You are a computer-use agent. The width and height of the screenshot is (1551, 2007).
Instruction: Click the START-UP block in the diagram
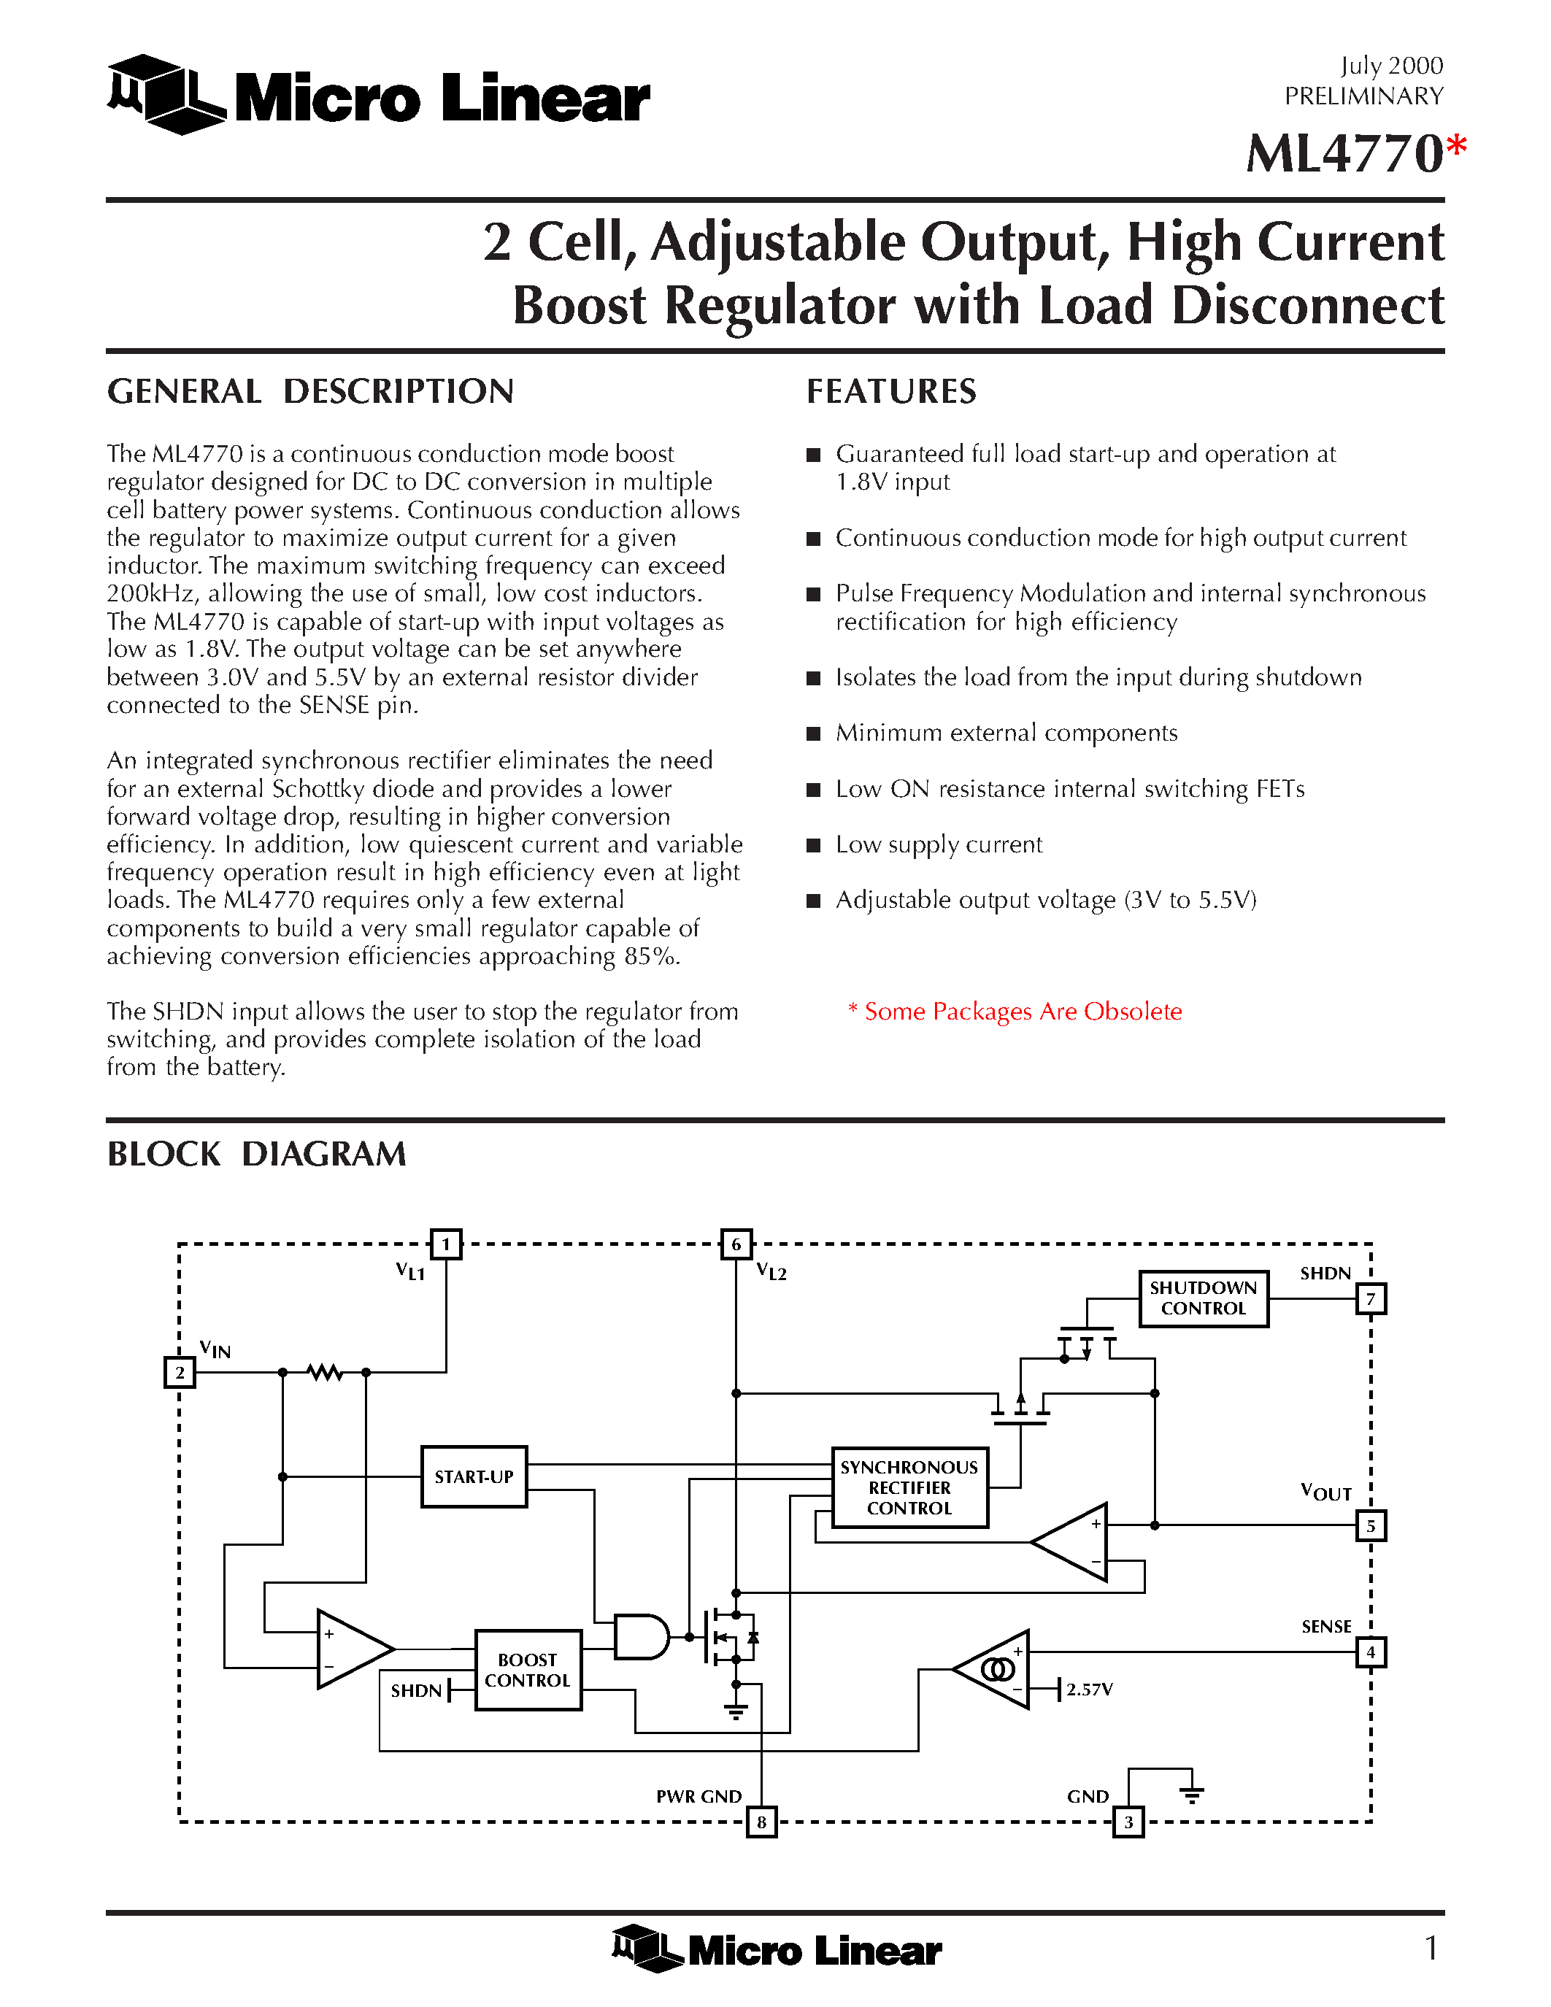tap(474, 1476)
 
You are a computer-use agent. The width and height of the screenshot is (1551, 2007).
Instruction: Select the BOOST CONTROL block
tap(528, 1670)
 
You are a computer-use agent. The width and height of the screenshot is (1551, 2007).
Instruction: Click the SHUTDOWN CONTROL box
tap(1203, 1298)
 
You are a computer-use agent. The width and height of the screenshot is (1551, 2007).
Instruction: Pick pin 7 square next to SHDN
tap(1370, 1298)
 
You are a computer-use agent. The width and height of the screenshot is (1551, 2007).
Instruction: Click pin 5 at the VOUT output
tap(1370, 1526)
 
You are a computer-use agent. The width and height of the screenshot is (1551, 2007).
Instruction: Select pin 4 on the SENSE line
tap(1370, 1652)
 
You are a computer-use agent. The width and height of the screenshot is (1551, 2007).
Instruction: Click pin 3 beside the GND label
tap(1128, 1822)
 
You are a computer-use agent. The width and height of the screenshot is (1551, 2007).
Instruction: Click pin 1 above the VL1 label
tap(446, 1244)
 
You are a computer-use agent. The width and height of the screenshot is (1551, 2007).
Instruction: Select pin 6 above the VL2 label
tap(736, 1244)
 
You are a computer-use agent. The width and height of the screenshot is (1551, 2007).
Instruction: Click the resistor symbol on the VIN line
tap(324, 1373)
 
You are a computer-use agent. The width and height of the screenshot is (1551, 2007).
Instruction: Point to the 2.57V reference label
tap(1089, 1689)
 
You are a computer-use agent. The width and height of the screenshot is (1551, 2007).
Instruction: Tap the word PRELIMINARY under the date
tap(1363, 96)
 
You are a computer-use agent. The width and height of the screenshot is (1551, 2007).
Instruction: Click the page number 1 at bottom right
tap(1431, 1947)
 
